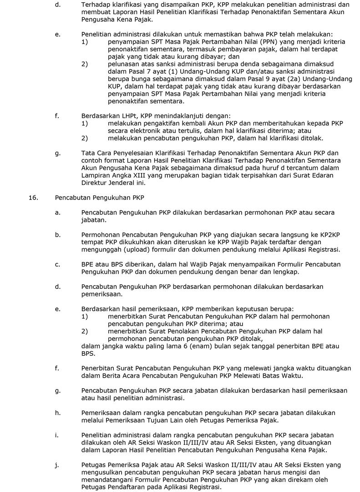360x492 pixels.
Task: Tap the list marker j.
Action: [56, 465]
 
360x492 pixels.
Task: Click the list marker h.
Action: [57, 413]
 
